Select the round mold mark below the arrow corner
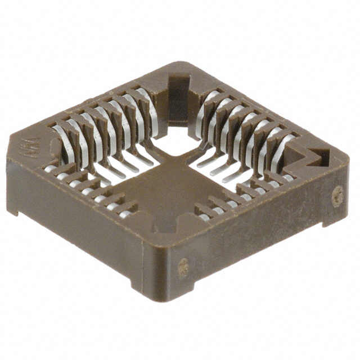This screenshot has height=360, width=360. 337,196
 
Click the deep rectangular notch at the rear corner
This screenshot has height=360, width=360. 179,93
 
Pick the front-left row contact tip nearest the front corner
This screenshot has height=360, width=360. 126,214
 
